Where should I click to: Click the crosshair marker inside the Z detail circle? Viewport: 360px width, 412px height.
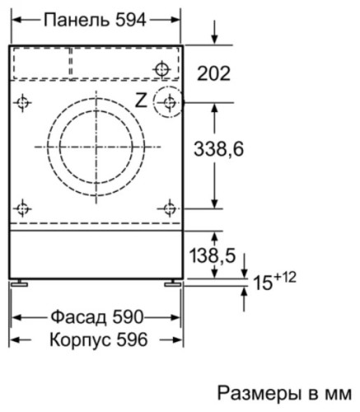[169, 102]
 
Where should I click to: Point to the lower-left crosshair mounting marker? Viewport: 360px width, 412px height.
[24, 208]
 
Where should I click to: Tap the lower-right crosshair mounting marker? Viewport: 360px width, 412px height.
[169, 208]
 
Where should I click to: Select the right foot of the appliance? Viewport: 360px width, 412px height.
[173, 283]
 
